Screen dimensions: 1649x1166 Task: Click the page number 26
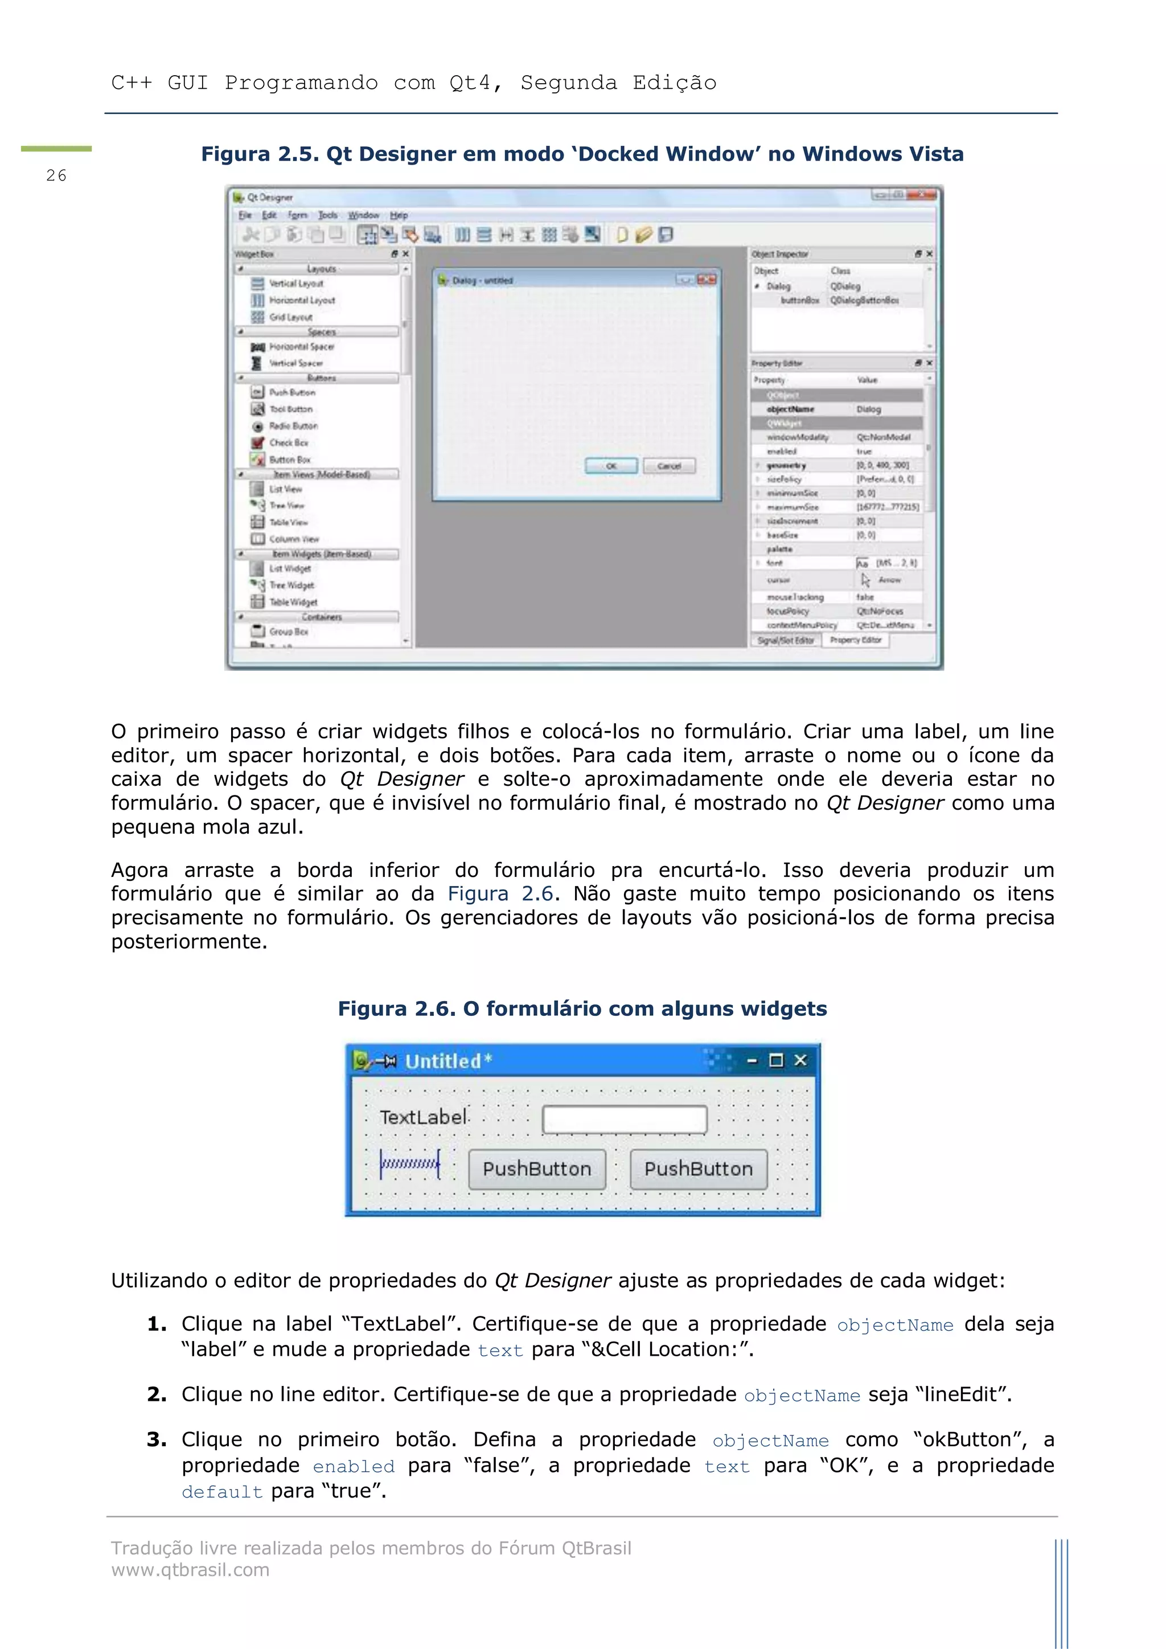(x=56, y=175)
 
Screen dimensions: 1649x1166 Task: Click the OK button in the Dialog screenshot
(x=611, y=466)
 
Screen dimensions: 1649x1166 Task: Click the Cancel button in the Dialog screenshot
(x=668, y=466)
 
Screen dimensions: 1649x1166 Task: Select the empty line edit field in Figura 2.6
(x=624, y=1119)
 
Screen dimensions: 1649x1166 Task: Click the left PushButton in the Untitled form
(x=536, y=1169)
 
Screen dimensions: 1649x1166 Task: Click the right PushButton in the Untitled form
(x=698, y=1169)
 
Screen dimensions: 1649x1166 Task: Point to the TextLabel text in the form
(x=424, y=1118)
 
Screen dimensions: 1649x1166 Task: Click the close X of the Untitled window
(x=800, y=1060)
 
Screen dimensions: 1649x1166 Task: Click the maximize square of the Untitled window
(x=775, y=1060)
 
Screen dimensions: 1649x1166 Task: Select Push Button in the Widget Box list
(x=291, y=392)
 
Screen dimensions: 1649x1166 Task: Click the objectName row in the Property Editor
(x=790, y=409)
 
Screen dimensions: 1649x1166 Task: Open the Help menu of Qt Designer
(x=399, y=215)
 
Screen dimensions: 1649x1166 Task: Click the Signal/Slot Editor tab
(x=786, y=640)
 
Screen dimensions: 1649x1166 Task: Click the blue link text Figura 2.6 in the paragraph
(x=500, y=893)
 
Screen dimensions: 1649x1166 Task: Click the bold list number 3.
(x=156, y=1439)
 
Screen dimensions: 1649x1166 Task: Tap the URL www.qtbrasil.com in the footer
(x=190, y=1569)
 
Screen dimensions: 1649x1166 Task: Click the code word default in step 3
(x=222, y=1492)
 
